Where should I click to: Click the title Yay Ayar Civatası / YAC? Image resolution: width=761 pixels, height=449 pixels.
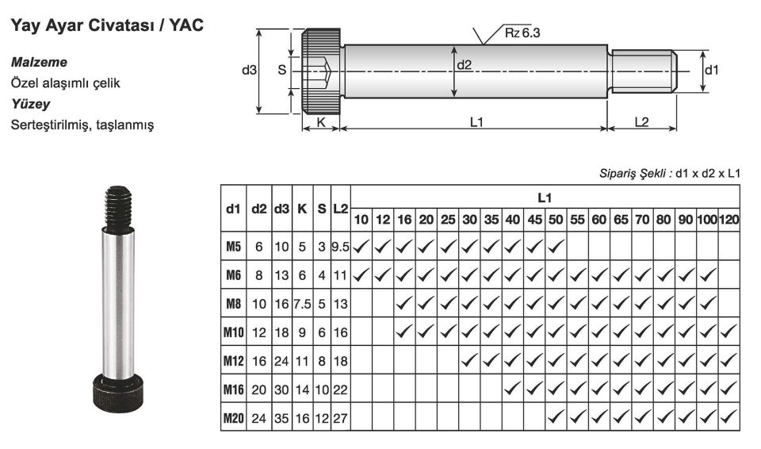(106, 26)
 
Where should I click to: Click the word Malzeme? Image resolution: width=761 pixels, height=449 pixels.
(39, 62)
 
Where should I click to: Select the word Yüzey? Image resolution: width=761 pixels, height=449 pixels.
(30, 103)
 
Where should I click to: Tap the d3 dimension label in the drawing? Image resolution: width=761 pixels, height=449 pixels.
(249, 70)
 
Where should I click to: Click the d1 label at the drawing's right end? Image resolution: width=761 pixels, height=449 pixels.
(711, 70)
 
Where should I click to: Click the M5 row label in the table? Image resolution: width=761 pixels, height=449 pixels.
(233, 248)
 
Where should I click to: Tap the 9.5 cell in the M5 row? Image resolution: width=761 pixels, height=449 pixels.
(340, 248)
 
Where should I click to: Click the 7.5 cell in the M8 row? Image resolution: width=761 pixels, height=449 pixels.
(302, 304)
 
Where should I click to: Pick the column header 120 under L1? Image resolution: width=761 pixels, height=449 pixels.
(728, 218)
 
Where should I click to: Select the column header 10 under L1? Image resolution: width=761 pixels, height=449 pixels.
(361, 218)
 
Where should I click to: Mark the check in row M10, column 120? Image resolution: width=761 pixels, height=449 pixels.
(728, 332)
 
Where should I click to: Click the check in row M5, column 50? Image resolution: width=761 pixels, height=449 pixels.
(555, 248)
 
